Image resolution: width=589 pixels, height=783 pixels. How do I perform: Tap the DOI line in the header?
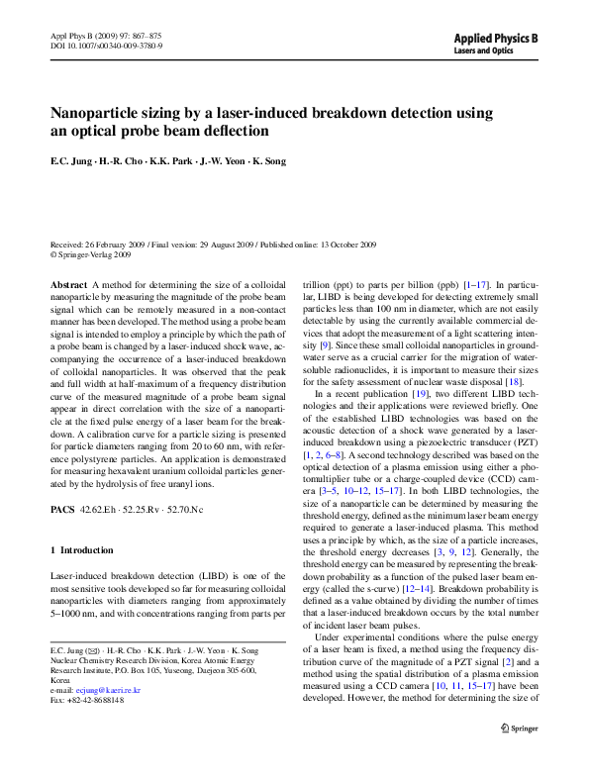coord(106,46)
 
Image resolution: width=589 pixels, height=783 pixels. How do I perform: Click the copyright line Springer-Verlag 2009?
coord(94,253)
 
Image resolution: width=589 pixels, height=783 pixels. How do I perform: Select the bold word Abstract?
coord(68,284)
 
